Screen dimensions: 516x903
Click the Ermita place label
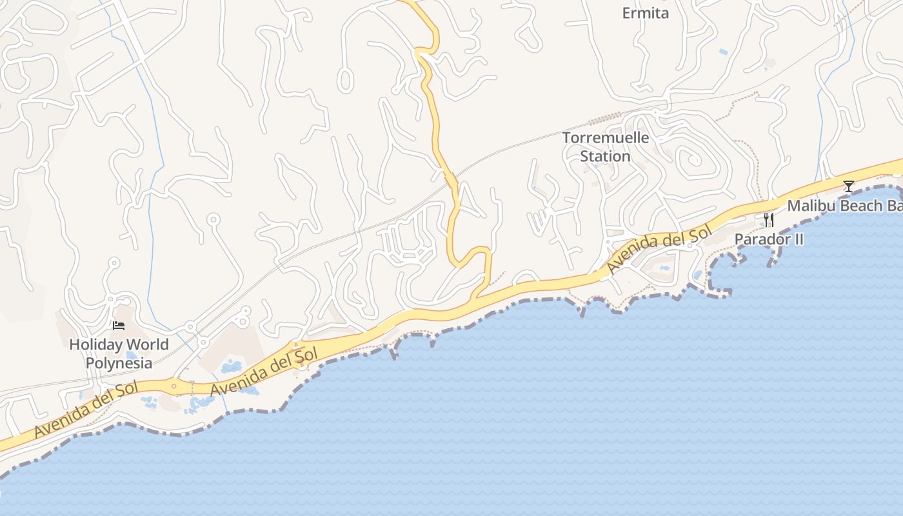[x=645, y=13]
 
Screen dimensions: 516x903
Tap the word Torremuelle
[x=606, y=137]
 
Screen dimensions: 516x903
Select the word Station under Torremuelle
[x=605, y=156]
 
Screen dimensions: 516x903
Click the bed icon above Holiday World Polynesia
[x=118, y=326]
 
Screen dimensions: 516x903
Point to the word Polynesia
[x=119, y=363]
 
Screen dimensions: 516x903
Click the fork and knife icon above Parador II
[x=768, y=220]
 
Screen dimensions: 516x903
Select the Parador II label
[x=769, y=239]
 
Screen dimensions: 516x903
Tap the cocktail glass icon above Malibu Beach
[x=848, y=186]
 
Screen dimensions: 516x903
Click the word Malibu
[x=811, y=206]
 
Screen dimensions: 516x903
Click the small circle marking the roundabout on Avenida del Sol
[x=174, y=386]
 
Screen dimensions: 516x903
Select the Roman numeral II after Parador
[x=798, y=239]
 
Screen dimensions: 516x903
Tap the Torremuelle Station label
[x=605, y=146]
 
